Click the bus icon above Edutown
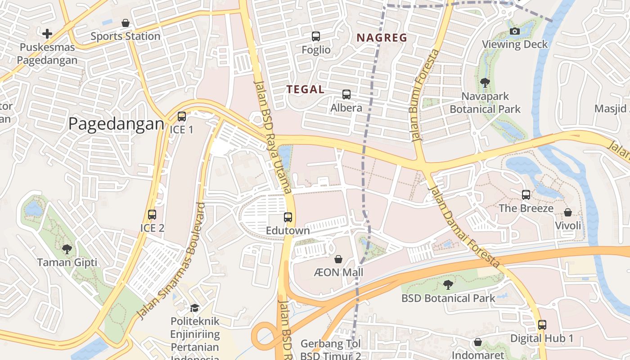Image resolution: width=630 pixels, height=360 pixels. click(288, 217)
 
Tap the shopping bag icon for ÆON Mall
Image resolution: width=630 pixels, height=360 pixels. click(338, 259)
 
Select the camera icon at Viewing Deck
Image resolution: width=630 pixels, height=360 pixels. click(515, 31)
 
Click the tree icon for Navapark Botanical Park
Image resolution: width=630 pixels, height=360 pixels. click(485, 82)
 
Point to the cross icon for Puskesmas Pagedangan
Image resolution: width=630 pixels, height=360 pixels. click(47, 33)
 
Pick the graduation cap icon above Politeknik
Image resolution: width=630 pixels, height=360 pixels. click(194, 308)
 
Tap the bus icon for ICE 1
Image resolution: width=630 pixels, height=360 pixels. click(182, 117)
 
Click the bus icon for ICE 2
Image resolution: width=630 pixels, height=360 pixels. click(152, 215)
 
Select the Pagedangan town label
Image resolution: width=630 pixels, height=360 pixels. click(116, 124)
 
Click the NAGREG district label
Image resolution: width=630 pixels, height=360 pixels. click(382, 38)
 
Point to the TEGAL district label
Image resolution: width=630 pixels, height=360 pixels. click(306, 89)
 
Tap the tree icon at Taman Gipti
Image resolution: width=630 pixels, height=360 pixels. click(67, 249)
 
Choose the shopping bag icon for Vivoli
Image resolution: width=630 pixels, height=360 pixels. click(568, 212)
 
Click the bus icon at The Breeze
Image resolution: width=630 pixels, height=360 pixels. click(526, 195)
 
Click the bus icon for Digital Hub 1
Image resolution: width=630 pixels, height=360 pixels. click(542, 325)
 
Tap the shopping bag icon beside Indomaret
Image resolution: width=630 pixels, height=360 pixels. click(478, 342)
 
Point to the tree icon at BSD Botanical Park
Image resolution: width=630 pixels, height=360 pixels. click(448, 284)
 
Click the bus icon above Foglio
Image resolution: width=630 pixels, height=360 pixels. click(316, 36)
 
